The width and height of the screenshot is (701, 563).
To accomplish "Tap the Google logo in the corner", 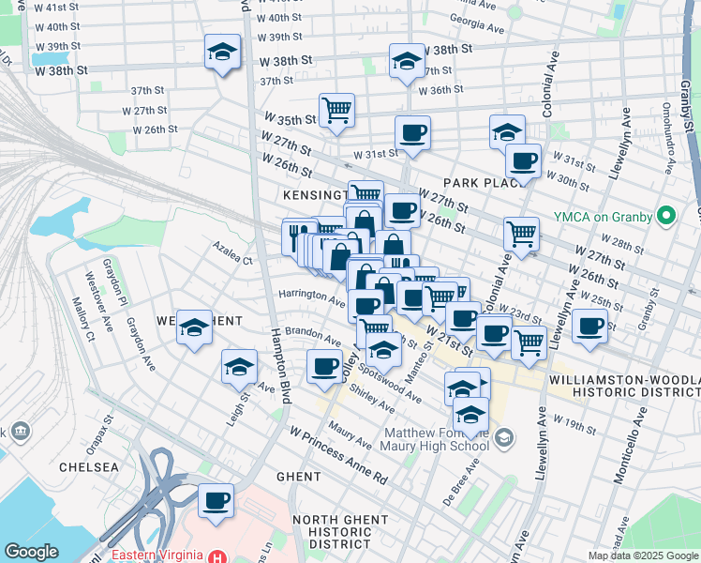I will tap(31, 552).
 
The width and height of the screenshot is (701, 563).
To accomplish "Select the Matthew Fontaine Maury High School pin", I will tap(504, 438).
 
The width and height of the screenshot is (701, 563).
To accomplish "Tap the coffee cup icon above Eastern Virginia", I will tap(216, 500).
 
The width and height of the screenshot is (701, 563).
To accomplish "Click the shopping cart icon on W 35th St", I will tap(336, 109).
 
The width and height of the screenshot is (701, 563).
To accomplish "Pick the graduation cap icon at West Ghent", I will tap(195, 327).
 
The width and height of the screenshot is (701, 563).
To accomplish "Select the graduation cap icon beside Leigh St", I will tap(240, 367).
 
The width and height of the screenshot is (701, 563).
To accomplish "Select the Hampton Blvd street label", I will tap(278, 366).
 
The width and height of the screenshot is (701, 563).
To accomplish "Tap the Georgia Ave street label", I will tap(472, 18).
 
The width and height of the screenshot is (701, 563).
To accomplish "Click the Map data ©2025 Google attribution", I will tap(643, 555).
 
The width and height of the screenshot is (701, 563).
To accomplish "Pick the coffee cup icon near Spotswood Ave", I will tap(324, 366).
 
